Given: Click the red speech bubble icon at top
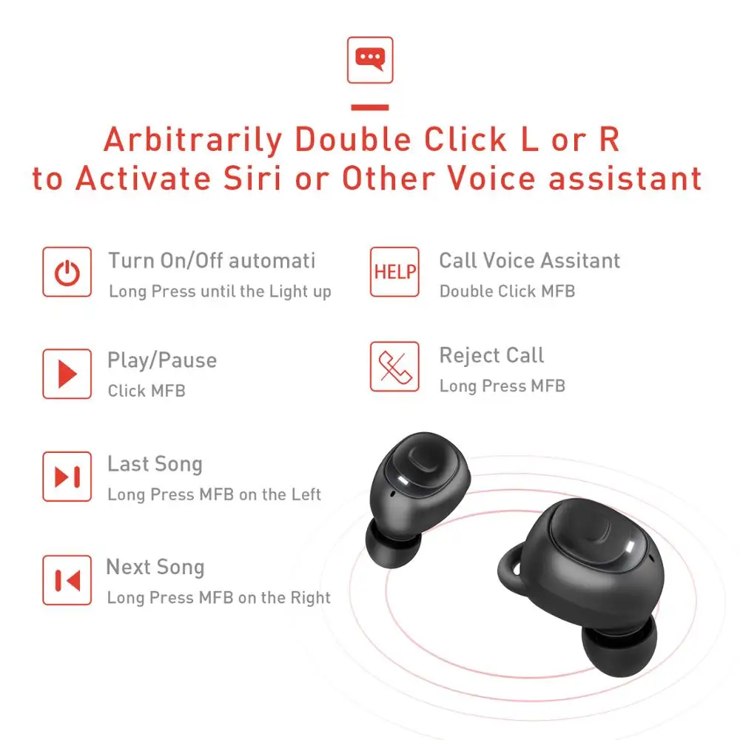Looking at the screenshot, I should click(x=370, y=60).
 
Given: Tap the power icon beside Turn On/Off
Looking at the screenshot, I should click(x=67, y=272).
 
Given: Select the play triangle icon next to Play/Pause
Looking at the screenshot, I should click(x=67, y=374).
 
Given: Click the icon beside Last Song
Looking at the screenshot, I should click(x=67, y=477).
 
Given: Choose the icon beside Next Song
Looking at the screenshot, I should click(x=67, y=580).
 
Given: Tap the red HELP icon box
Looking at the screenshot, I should click(x=394, y=272).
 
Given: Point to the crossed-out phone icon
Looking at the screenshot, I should click(x=394, y=366).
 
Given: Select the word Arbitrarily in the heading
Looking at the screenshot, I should click(x=193, y=139).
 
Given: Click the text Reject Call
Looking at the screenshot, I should click(x=491, y=355).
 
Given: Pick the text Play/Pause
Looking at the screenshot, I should click(x=162, y=360).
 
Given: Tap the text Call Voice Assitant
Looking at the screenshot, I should click(x=529, y=260).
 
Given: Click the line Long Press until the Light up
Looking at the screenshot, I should click(x=220, y=292).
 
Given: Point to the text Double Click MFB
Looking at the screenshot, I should click(x=507, y=292).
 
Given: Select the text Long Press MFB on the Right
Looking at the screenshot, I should click(x=218, y=597).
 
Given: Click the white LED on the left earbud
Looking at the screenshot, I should click(x=405, y=482).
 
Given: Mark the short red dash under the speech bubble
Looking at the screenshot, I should click(x=370, y=107).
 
